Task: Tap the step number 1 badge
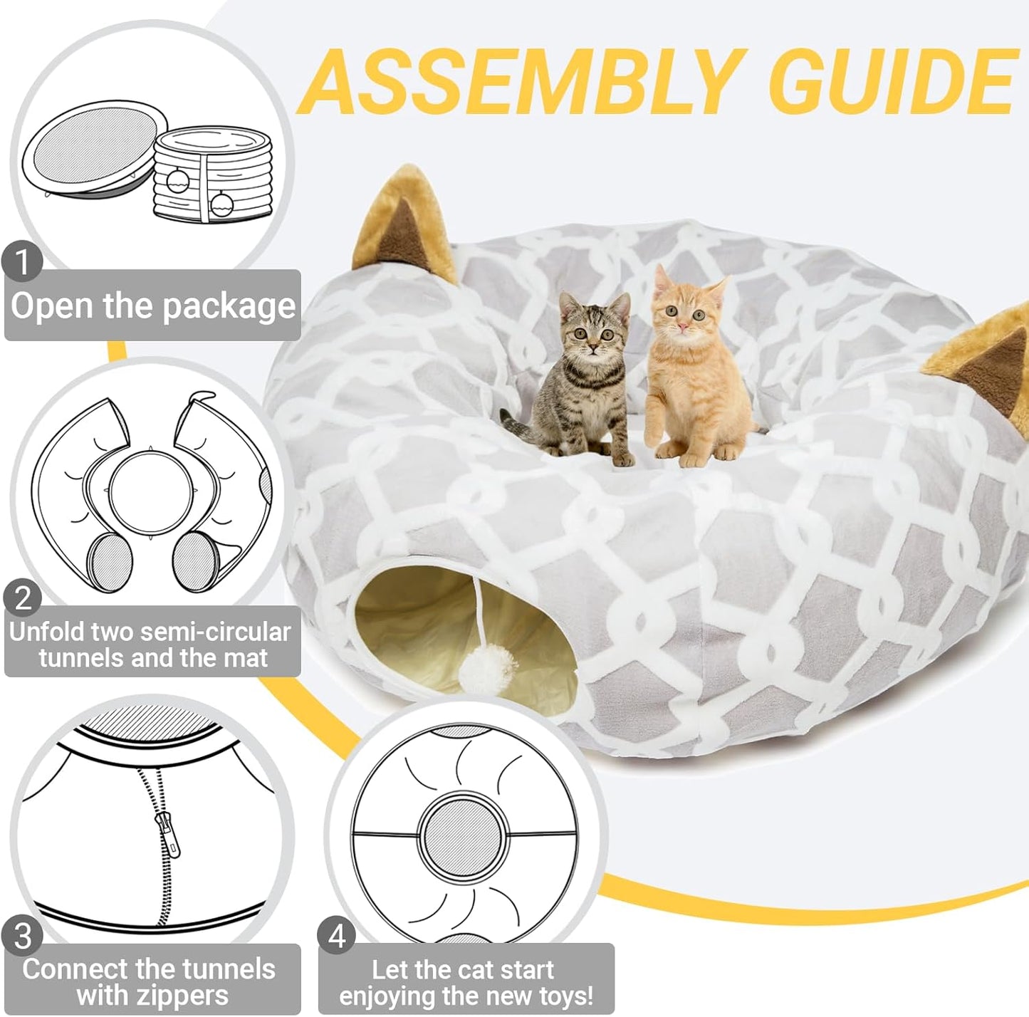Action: [22, 262]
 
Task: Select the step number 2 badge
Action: [22, 598]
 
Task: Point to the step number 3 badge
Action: [22, 936]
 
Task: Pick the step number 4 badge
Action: [337, 936]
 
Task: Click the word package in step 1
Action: [227, 306]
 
